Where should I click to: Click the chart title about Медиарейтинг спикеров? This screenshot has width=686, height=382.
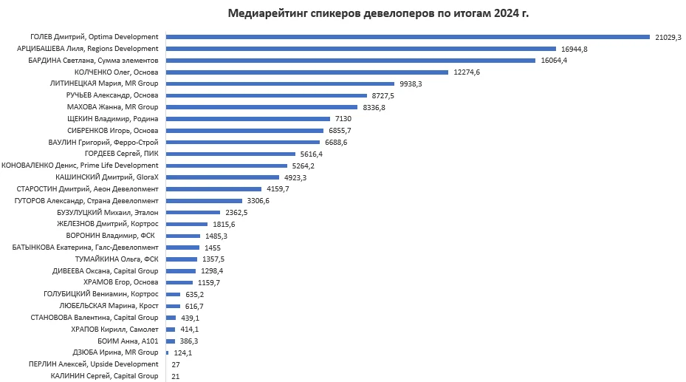(x=379, y=13)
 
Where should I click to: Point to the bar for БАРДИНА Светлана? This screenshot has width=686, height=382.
(x=351, y=61)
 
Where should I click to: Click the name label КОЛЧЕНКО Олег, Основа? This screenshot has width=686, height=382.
(x=117, y=72)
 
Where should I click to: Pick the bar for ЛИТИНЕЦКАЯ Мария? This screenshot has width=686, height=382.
(x=281, y=84)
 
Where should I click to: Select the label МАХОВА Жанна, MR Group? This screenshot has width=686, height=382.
(x=112, y=107)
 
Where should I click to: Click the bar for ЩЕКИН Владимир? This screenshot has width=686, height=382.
(x=248, y=119)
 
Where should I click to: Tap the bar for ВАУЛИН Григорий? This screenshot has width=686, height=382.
(x=243, y=142)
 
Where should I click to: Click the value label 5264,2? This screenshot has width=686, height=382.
(x=306, y=166)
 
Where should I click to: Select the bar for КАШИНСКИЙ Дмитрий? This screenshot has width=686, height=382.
(x=222, y=177)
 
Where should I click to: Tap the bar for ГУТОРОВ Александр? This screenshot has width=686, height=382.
(x=204, y=201)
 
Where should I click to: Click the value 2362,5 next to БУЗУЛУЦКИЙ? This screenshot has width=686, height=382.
(x=235, y=212)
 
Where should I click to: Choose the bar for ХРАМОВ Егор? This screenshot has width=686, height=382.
(x=179, y=283)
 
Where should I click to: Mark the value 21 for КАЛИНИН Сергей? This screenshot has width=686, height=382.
(x=175, y=376)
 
